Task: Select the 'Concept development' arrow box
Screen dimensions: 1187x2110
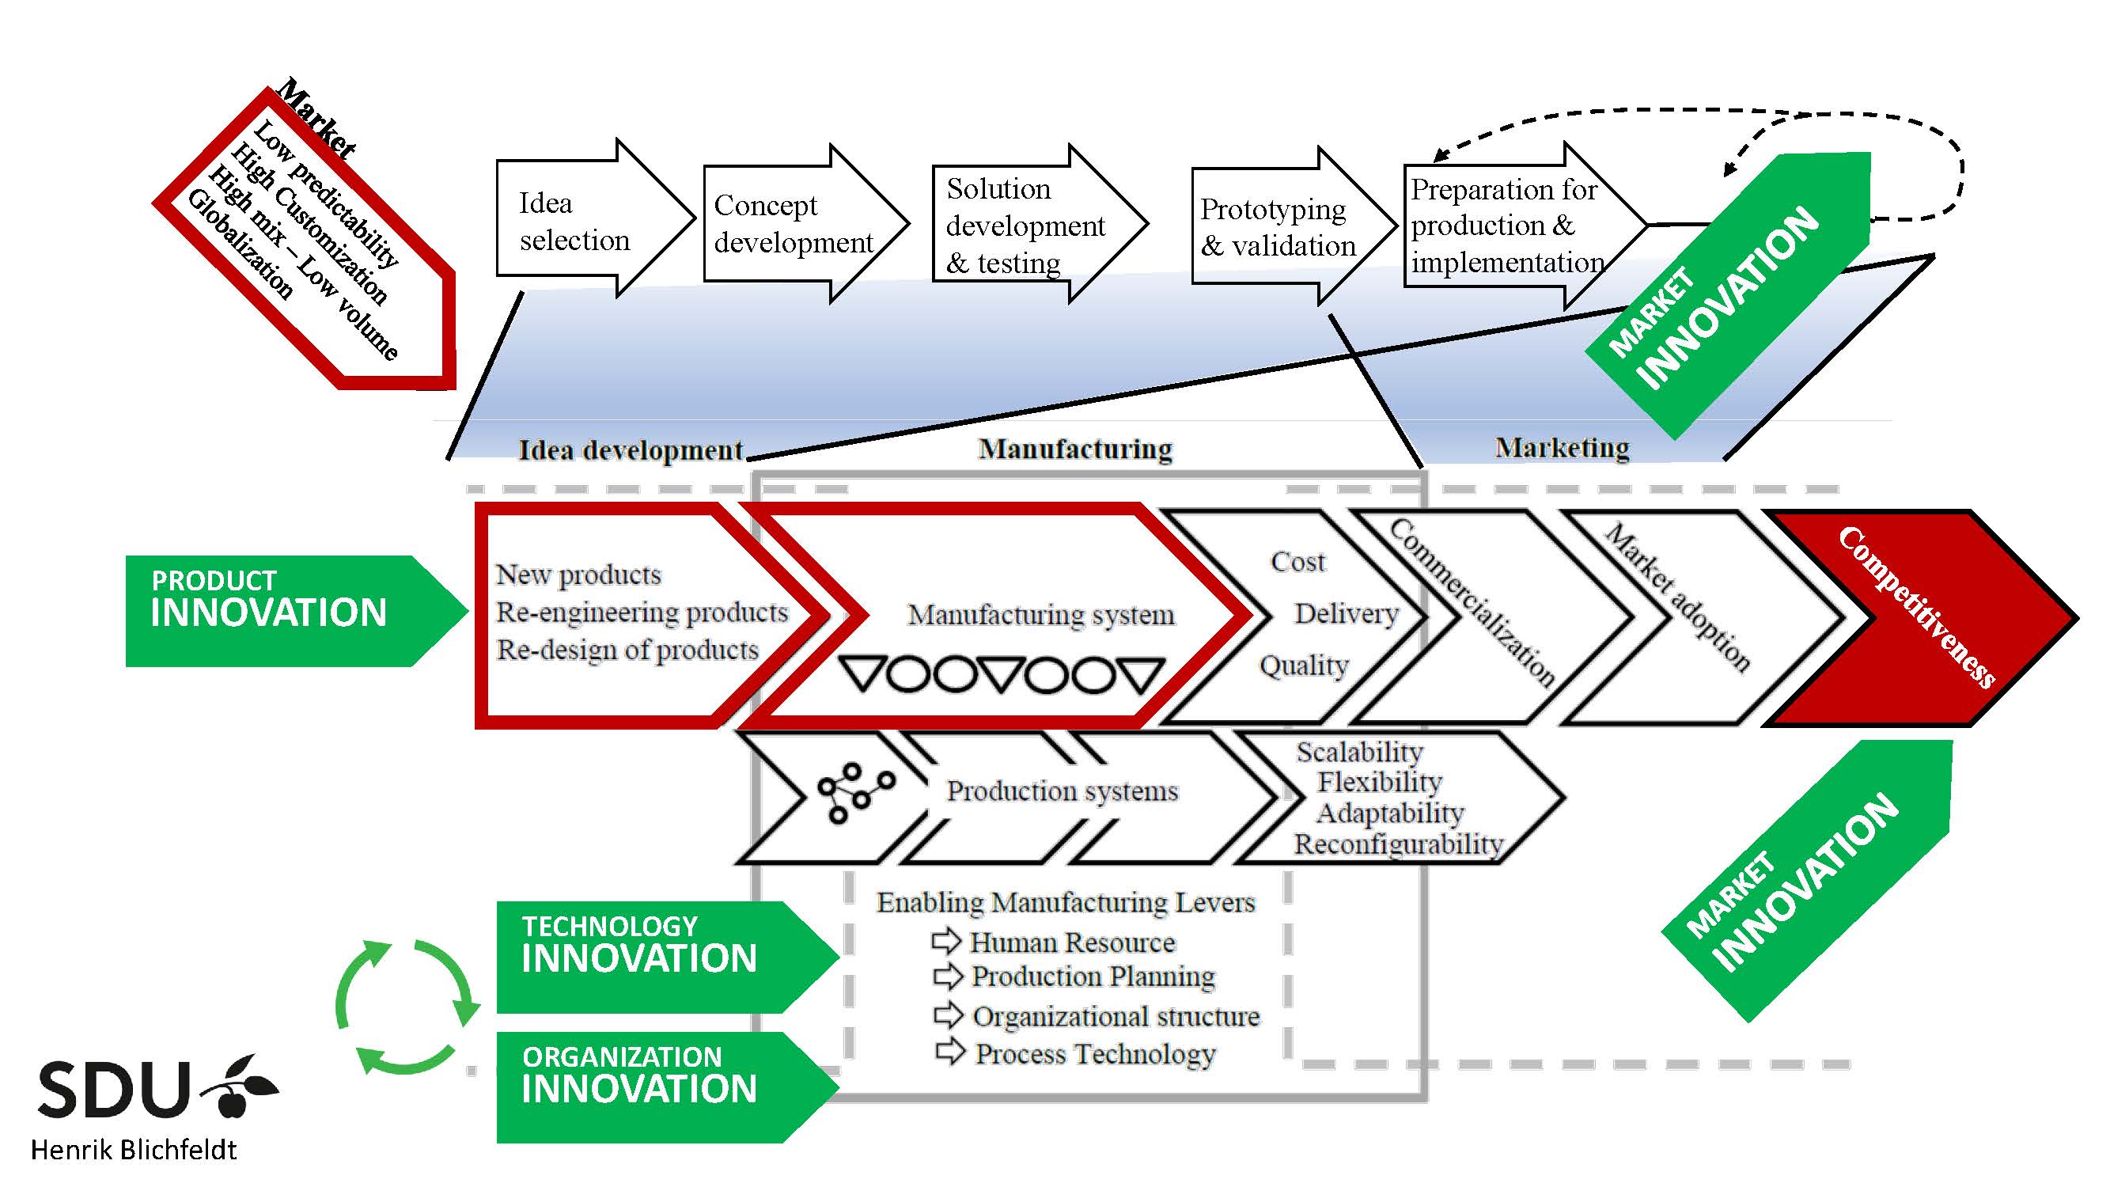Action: [794, 224]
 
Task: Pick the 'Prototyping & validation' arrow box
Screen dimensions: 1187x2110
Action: [1278, 227]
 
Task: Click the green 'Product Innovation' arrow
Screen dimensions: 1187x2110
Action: [278, 610]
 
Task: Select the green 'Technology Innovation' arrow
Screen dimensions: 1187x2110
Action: [647, 956]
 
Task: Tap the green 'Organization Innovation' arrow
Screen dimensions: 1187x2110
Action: [647, 1087]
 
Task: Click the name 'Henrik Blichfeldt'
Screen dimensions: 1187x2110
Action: [134, 1149]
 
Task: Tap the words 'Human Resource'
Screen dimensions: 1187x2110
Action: [1072, 943]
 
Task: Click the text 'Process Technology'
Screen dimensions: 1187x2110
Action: [1095, 1053]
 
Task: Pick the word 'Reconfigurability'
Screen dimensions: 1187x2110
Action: [1398, 844]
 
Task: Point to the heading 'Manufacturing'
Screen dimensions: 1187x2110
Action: [1075, 449]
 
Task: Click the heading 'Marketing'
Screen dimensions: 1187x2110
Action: [1562, 447]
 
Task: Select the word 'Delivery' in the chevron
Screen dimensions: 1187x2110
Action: [1347, 612]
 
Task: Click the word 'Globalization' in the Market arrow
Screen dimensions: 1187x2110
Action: [241, 244]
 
